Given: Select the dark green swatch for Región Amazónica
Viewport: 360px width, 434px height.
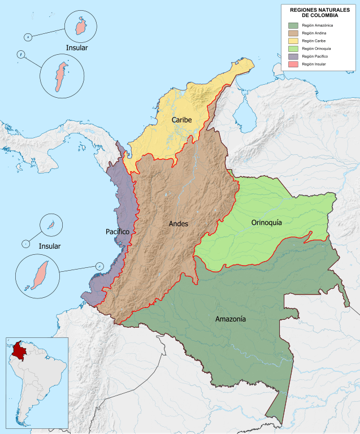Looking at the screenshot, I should [x=293, y=25].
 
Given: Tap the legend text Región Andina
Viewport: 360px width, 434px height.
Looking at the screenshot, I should [x=314, y=33].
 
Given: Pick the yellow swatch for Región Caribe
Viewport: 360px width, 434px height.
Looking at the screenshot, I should [x=293, y=41].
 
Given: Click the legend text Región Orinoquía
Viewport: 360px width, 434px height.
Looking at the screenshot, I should [x=316, y=49].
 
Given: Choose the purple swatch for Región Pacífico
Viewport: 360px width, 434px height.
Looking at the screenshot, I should [x=293, y=57].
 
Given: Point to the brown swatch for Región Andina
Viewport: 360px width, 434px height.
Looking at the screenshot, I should [x=293, y=33].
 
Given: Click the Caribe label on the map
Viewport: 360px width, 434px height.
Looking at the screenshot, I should [x=182, y=120].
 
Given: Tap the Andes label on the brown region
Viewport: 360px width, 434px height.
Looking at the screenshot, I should [x=178, y=224].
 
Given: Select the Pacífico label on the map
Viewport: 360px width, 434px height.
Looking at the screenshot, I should [x=118, y=232].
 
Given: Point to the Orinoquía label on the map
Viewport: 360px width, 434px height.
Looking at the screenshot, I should [x=266, y=223].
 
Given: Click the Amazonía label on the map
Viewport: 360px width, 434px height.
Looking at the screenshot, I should [x=230, y=319].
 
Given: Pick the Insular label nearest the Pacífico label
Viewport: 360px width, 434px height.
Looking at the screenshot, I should [x=49, y=246].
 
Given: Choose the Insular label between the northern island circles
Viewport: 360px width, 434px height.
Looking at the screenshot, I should [x=77, y=47].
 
